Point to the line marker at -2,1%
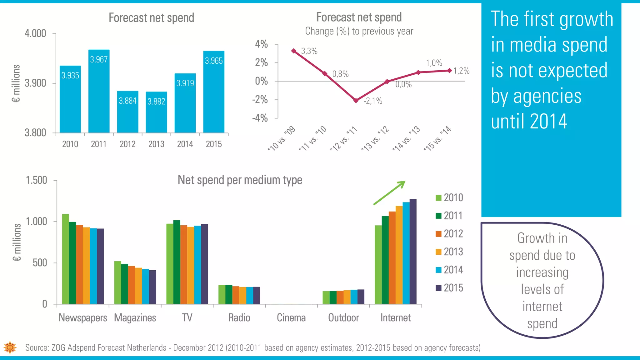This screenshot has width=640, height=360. (x=356, y=101)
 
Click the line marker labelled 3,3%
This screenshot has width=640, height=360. (x=293, y=51)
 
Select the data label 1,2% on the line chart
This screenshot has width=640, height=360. (x=462, y=71)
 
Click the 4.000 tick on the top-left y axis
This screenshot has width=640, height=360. (x=35, y=33)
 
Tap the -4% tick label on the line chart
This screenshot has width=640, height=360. (x=260, y=118)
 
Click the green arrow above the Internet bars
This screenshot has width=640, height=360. (x=389, y=193)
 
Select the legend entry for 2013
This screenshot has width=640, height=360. (x=449, y=252)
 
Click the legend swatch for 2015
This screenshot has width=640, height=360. (x=438, y=288)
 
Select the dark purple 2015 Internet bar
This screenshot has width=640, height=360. (x=413, y=252)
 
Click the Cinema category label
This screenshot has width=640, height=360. (x=291, y=318)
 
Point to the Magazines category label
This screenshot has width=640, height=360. (x=135, y=318)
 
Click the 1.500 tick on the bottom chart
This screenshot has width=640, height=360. (x=36, y=180)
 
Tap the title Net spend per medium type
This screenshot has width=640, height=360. (x=240, y=180)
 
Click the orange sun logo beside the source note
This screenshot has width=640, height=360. (x=10, y=347)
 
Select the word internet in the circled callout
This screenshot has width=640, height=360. (x=542, y=307)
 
